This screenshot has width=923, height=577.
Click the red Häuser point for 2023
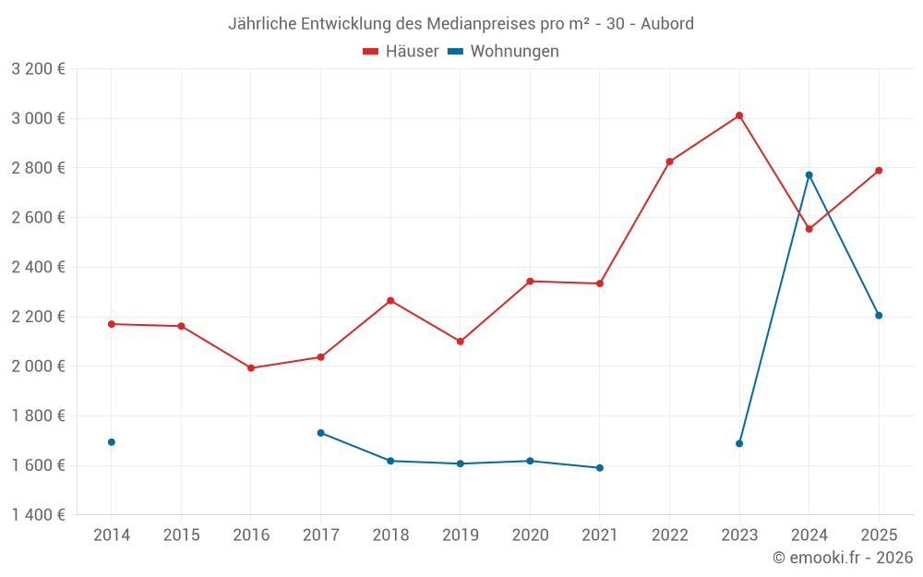(x=739, y=115)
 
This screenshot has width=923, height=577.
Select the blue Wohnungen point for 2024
(x=809, y=175)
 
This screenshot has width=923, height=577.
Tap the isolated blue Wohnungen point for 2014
(x=112, y=442)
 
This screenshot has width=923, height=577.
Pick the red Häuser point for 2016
(x=251, y=368)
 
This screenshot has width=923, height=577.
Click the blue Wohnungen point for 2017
(x=320, y=433)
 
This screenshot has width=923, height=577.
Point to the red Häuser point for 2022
(x=670, y=162)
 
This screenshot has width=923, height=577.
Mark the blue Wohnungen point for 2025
(x=879, y=316)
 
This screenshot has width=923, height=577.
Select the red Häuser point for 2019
(x=461, y=342)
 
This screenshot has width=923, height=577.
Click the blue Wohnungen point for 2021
(x=600, y=468)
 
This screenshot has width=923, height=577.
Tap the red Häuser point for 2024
(x=809, y=229)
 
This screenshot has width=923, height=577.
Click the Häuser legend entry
(x=401, y=52)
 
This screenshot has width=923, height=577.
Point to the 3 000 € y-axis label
(x=38, y=118)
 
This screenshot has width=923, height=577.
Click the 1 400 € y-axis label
(x=38, y=515)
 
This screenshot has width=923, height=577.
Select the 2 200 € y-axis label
(x=38, y=317)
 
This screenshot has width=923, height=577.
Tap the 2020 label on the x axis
(x=530, y=535)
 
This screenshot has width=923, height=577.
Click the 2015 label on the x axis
(x=181, y=535)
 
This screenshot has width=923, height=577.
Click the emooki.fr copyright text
(x=843, y=558)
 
